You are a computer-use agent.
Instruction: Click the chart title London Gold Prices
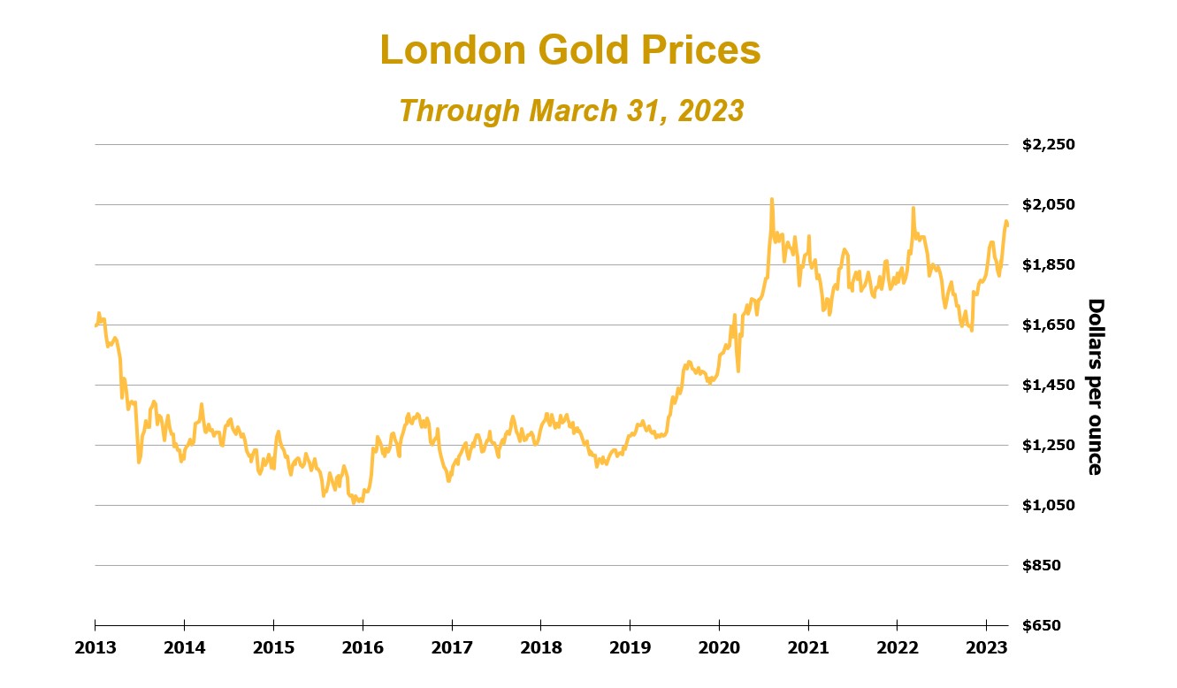(x=570, y=50)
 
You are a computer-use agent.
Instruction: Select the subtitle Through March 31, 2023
(x=570, y=111)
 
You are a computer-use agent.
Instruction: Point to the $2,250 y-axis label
(x=1049, y=144)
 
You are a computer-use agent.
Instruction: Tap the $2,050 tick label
(x=1049, y=204)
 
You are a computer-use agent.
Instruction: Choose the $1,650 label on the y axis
(x=1049, y=325)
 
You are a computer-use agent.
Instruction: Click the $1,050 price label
(x=1049, y=505)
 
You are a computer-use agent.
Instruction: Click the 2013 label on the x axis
(x=95, y=647)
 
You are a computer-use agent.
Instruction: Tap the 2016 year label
(x=363, y=647)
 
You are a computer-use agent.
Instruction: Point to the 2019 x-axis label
(x=630, y=647)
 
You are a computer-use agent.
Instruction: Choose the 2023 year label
(x=987, y=647)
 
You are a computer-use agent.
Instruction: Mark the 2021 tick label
(x=808, y=647)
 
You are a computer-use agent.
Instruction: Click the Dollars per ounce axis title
(x=1095, y=386)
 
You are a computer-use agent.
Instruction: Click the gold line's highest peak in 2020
(x=771, y=200)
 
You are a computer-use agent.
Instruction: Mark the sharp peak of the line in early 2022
(x=913, y=209)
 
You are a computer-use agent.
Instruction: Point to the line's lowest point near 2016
(x=354, y=502)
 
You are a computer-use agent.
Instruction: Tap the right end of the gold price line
(x=1007, y=226)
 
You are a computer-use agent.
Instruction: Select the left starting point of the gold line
(x=96, y=325)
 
